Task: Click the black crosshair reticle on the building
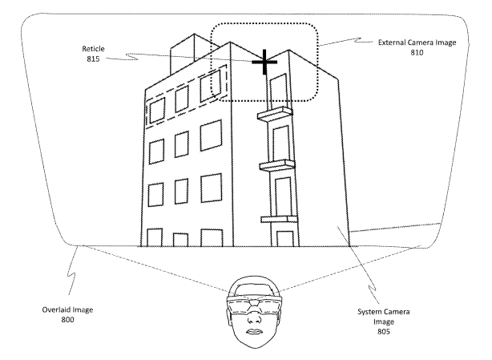coord(264,62)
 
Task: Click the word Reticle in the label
coord(93,49)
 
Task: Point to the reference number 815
coord(93,59)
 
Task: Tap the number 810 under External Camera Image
coord(417,52)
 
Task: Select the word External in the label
coord(391,42)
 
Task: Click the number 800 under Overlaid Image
coord(68,320)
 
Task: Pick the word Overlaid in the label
coord(55,309)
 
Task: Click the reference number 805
coord(384,331)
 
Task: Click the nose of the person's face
coord(254,318)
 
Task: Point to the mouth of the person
coord(255,332)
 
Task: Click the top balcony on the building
coord(275,113)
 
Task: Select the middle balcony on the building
coord(277,165)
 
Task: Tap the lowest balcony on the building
coord(279,219)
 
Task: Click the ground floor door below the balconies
coord(285,239)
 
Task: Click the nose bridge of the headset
coord(254,304)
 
